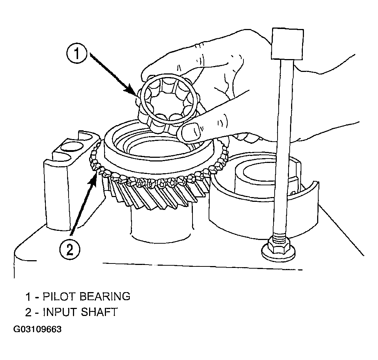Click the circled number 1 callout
76,54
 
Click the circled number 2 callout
69,250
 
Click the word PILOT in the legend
59,296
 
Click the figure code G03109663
37,329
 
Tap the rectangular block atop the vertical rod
287,44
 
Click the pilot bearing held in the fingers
169,101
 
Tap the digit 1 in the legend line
28,297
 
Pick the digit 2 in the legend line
28,312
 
